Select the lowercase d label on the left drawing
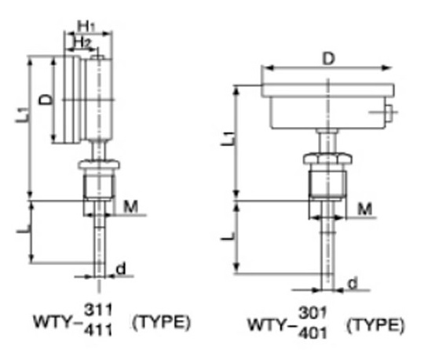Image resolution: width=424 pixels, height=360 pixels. [x=121, y=269]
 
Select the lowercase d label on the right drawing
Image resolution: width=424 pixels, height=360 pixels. [x=353, y=282]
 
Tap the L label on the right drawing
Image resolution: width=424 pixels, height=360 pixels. [x=225, y=235]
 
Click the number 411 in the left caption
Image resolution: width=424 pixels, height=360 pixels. [x=102, y=331]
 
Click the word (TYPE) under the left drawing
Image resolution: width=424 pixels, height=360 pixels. [x=161, y=322]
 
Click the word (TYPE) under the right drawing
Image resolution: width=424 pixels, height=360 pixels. [x=375, y=323]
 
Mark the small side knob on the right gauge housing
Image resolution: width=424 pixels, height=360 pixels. [x=387, y=118]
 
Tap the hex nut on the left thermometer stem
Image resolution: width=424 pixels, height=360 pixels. [x=98, y=166]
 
